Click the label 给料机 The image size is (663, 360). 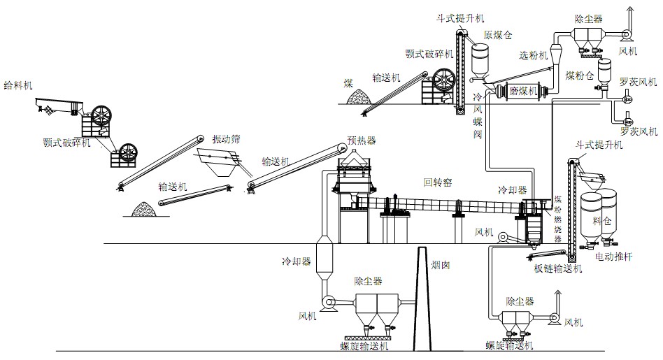18,87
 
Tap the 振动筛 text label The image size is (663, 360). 227,139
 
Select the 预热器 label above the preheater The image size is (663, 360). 362,140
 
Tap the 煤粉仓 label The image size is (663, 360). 579,75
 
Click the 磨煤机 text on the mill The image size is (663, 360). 524,91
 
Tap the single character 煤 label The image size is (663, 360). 348,82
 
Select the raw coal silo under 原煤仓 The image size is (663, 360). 480,60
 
